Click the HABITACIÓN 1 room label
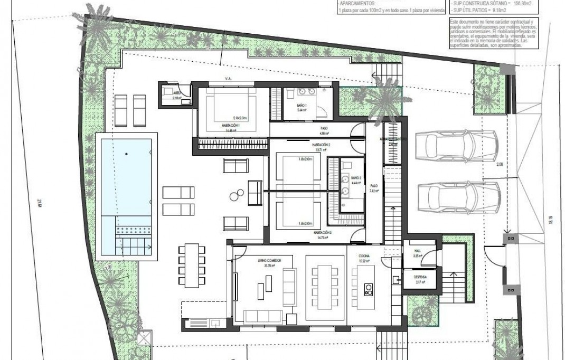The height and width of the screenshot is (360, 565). click(231, 126)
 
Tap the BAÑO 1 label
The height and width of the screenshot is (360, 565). click(302, 105)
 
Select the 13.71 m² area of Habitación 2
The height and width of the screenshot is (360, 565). click(321, 150)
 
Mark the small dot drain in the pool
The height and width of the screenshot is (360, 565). click(126, 154)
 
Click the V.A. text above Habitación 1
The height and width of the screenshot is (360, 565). click(228, 79)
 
